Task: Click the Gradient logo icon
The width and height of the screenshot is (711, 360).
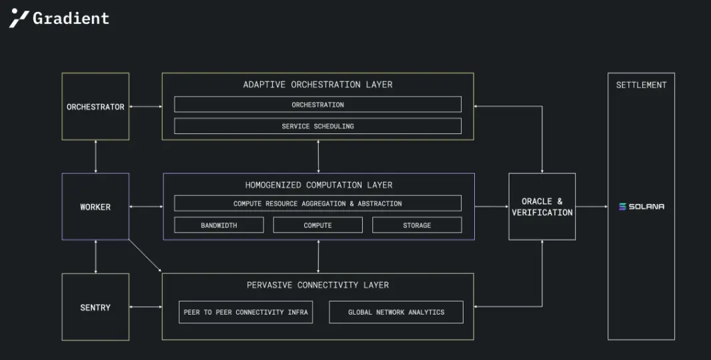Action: (x=19, y=18)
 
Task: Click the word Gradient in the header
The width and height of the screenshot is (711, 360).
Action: (x=71, y=18)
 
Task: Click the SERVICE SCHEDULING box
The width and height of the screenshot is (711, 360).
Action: (x=318, y=126)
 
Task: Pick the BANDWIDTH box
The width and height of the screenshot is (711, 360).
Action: (x=219, y=225)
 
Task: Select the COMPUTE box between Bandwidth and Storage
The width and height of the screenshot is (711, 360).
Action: (x=318, y=225)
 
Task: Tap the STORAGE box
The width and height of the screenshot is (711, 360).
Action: (x=417, y=225)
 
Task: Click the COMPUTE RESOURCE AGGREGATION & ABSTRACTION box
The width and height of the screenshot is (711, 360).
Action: (x=318, y=203)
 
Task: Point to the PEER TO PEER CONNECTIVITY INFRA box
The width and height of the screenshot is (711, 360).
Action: (x=245, y=312)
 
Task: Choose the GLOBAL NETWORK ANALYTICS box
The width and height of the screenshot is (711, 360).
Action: (x=396, y=312)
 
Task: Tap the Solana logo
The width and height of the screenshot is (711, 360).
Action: (x=642, y=207)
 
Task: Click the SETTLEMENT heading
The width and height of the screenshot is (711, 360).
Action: (x=641, y=85)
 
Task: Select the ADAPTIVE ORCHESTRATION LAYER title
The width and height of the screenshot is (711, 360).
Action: (x=318, y=84)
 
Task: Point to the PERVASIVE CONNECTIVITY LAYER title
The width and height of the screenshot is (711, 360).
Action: (x=318, y=285)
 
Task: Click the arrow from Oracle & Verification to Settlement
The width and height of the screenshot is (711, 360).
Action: (x=592, y=207)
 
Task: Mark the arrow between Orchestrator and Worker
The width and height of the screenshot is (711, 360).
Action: (x=95, y=157)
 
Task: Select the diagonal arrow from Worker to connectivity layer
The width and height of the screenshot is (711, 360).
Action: (x=145, y=256)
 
